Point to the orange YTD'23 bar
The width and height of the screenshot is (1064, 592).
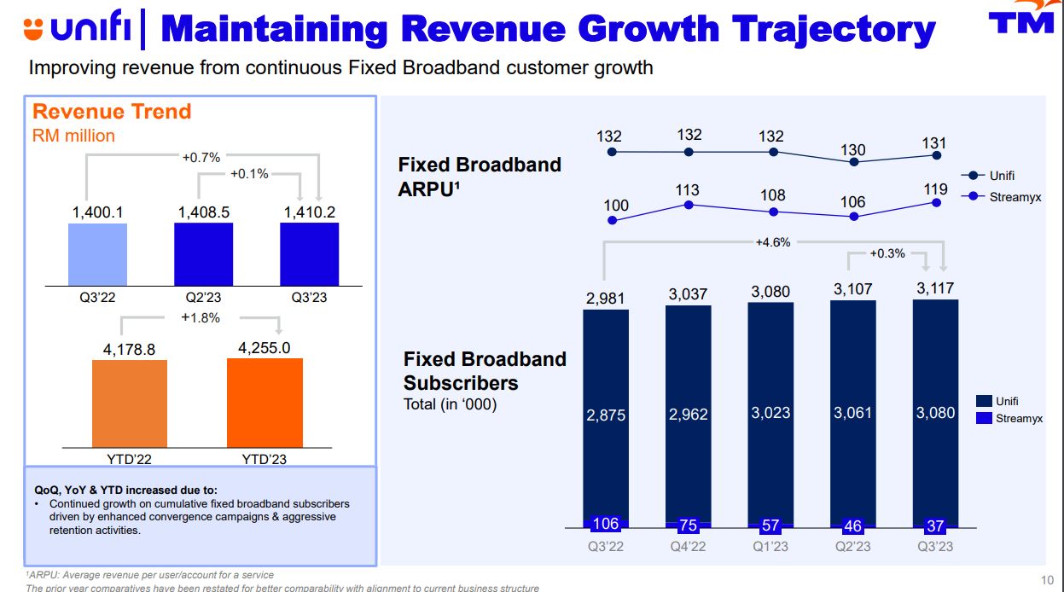pos(265,402)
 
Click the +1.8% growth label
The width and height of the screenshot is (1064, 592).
pos(201,318)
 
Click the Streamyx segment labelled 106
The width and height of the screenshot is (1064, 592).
pos(605,524)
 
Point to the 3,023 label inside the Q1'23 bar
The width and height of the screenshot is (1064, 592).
pos(770,413)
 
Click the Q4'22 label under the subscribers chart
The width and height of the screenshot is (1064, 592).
pos(687,547)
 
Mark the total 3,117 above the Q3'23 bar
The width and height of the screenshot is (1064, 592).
pos(934,289)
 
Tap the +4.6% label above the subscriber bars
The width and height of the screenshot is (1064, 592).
pos(773,242)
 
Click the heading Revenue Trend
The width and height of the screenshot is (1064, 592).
pos(112,112)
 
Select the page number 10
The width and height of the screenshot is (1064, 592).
pos(1048,578)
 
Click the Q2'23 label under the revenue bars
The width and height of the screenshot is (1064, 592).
pos(202,298)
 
